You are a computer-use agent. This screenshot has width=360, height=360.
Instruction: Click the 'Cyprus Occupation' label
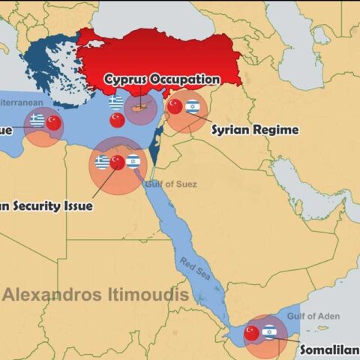(x=162, y=79)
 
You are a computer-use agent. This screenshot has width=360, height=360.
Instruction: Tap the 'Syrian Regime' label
(x=254, y=129)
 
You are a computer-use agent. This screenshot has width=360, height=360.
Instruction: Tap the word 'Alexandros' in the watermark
(x=50, y=294)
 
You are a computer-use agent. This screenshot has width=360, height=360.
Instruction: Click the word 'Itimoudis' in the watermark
(x=146, y=294)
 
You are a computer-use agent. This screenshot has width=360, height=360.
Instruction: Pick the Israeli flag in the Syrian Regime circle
(x=192, y=106)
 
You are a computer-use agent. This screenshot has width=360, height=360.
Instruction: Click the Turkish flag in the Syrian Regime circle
(x=175, y=106)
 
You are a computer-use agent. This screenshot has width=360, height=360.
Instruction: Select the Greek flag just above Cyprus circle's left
(x=115, y=101)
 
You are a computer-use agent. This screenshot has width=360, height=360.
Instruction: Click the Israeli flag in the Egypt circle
(x=133, y=160)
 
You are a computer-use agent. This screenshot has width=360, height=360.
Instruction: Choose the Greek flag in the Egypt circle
(x=102, y=161)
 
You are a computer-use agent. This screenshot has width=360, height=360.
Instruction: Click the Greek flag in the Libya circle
(x=37, y=120)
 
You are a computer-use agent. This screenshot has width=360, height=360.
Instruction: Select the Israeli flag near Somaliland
(x=269, y=331)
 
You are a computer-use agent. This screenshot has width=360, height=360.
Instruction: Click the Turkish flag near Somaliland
(x=252, y=331)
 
